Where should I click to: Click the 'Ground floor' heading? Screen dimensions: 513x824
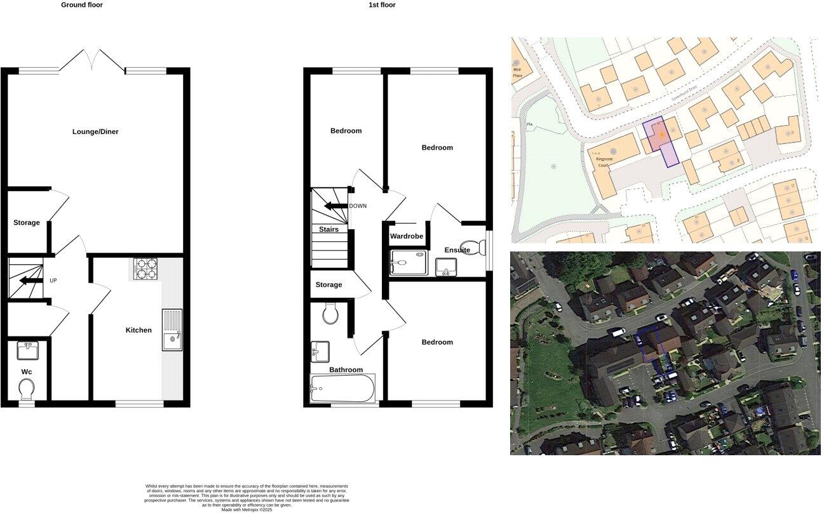(81, 5)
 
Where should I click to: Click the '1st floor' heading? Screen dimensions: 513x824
(382, 5)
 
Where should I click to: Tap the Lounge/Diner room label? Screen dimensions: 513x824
(95, 132)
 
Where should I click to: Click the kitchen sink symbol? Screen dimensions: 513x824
(172, 331)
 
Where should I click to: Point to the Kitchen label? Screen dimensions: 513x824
(138, 330)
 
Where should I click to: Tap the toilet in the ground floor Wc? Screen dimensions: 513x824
(27, 387)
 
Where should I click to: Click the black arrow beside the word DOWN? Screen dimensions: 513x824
(333, 206)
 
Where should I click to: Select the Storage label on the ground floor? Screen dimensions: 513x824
(27, 223)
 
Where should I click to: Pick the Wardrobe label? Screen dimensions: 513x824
(407, 236)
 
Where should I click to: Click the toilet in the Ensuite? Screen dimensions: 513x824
(471, 246)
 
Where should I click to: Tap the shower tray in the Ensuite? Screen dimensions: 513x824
(407, 262)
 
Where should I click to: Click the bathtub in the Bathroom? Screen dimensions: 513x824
(342, 388)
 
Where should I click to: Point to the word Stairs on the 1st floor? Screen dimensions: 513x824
(328, 230)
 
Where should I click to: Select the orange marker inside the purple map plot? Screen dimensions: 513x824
(661, 135)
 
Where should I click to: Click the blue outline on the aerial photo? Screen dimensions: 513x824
(653, 346)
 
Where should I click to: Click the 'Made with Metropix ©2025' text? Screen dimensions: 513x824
(247, 509)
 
